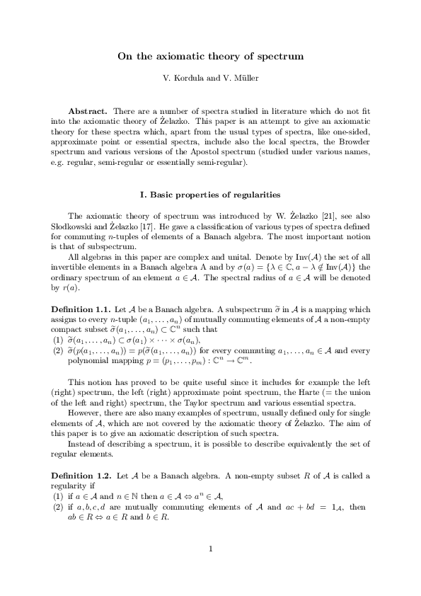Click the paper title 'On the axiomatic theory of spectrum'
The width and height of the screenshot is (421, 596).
click(210, 55)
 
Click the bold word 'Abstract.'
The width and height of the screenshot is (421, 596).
click(87, 112)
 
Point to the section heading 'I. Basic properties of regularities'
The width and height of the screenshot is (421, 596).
click(211, 194)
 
